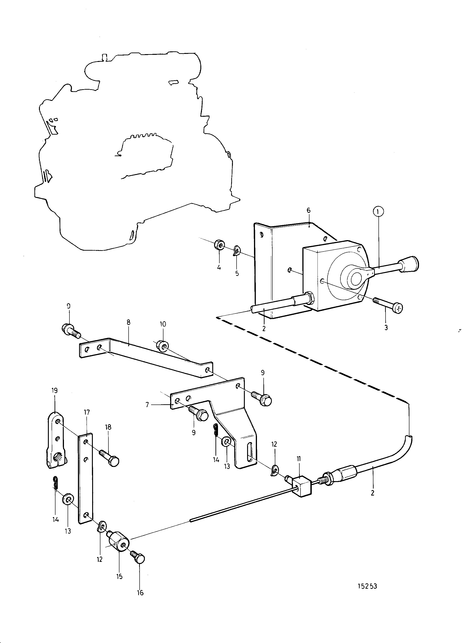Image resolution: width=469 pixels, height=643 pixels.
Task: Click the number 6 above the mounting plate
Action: pyautogui.click(x=309, y=211)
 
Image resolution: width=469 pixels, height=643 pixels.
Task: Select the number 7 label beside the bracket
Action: pyautogui.click(x=147, y=405)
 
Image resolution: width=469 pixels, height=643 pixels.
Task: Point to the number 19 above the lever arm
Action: pyautogui.click(x=55, y=391)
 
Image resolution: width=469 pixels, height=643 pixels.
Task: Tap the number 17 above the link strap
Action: pyautogui.click(x=87, y=412)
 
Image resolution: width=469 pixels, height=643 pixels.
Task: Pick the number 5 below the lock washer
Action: pyautogui.click(x=237, y=274)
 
